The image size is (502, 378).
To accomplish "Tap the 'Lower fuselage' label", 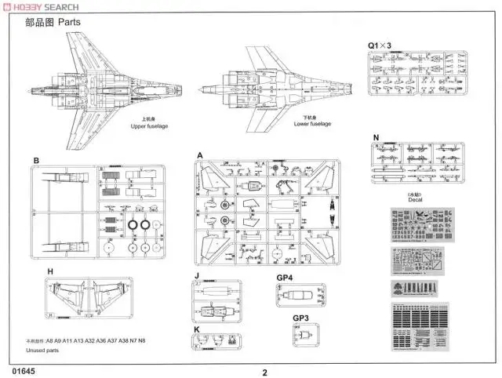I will click(312, 124).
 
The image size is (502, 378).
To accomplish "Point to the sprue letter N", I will click(376, 137).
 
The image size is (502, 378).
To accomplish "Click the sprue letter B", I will click(36, 161).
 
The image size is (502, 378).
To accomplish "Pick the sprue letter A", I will click(200, 155).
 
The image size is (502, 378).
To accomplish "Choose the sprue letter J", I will click(198, 276).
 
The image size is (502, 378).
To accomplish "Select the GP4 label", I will click(285, 277).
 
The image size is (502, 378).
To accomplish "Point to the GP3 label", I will click(300, 318).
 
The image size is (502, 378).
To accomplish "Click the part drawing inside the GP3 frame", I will click(301, 337).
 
